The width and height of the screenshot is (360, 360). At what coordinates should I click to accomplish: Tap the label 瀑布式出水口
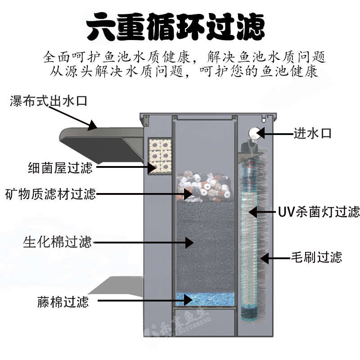[x=49, y=100]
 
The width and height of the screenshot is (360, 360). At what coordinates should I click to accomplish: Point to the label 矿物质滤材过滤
[x=50, y=194]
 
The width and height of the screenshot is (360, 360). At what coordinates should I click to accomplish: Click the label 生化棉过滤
[x=57, y=242]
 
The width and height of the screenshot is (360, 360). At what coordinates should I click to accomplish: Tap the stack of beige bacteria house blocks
[x=160, y=156]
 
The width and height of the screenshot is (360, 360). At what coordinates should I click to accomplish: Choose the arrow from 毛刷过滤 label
[x=276, y=258]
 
